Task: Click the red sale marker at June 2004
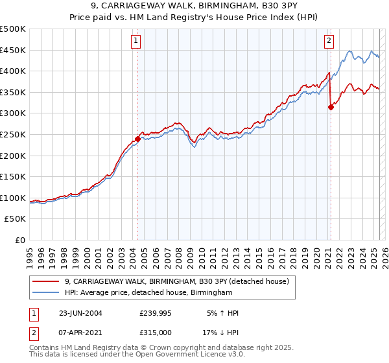[137, 139]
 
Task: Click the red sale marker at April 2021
[331, 108]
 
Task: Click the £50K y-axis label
[16, 219]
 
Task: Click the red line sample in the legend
[46, 281]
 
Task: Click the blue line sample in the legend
[46, 293]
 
